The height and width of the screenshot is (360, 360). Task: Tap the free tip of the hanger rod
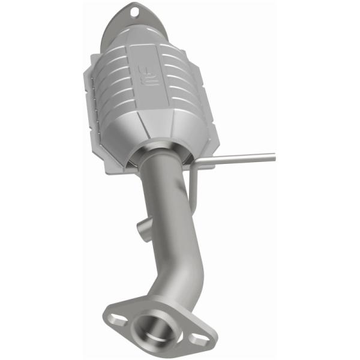[x=273, y=157]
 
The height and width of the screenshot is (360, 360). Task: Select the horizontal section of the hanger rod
[x=240, y=159]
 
